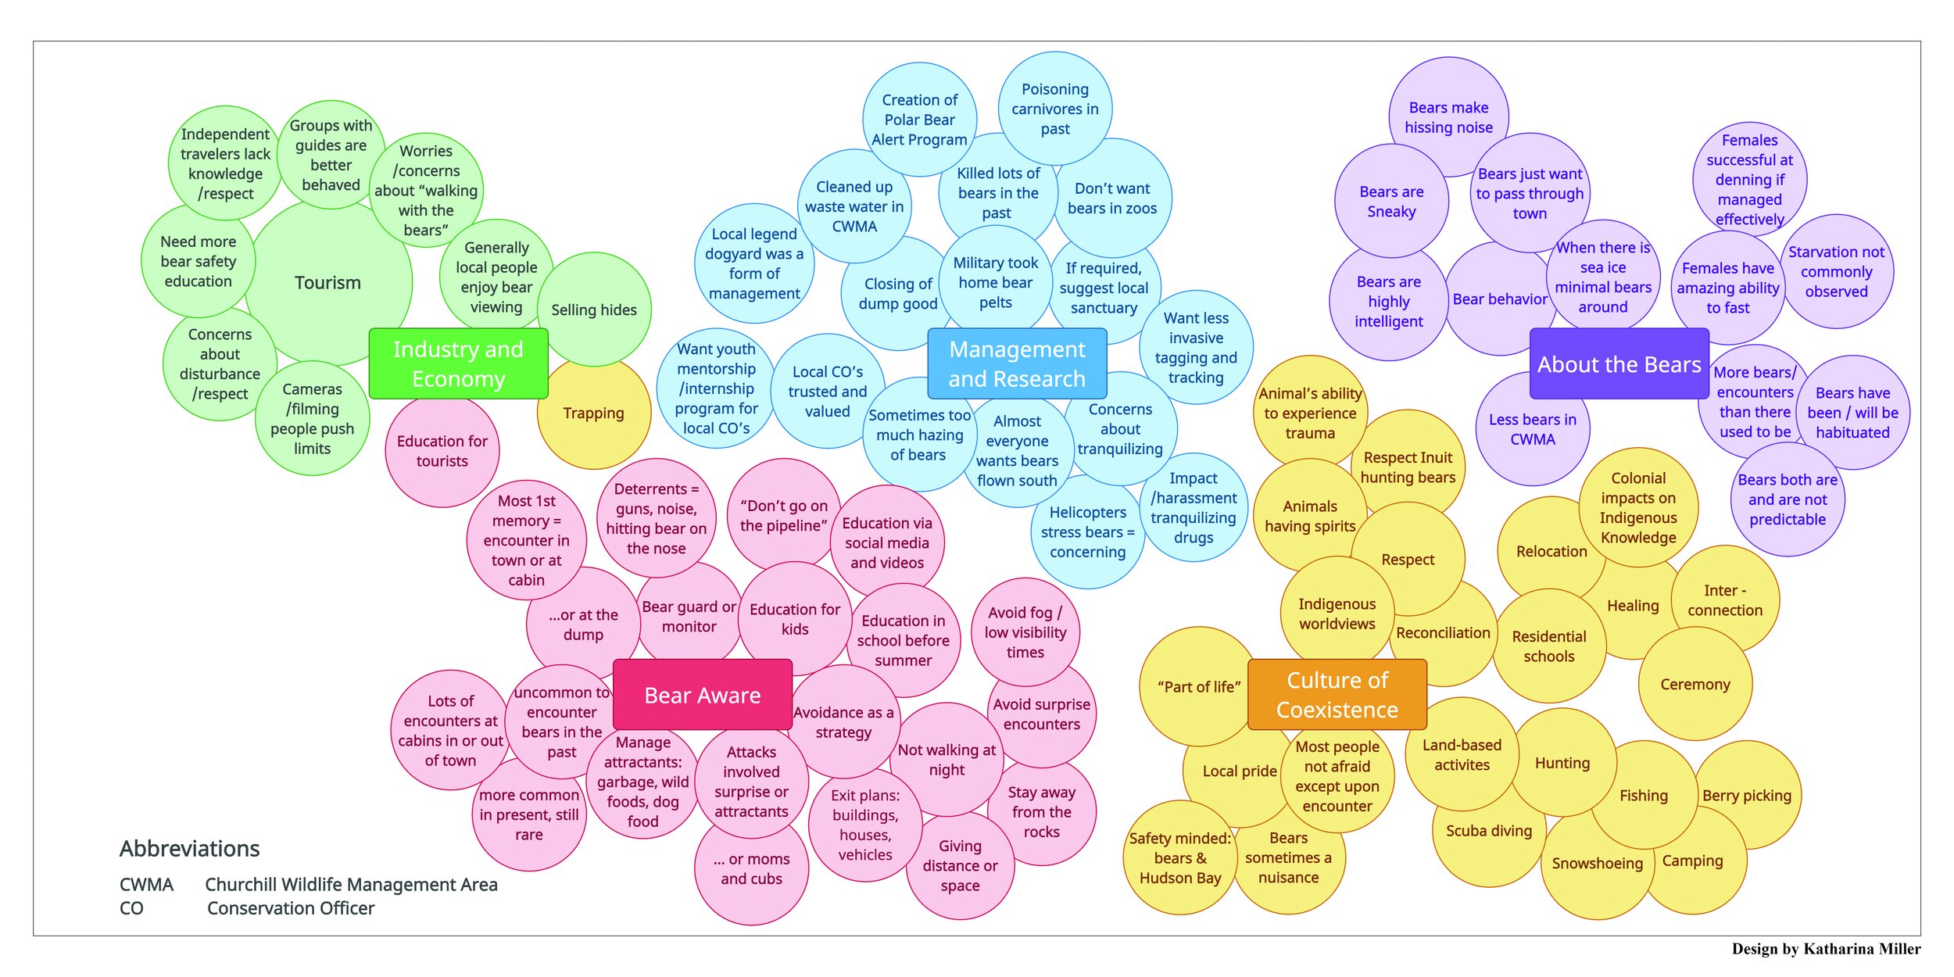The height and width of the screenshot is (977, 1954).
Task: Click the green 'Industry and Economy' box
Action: [x=458, y=363]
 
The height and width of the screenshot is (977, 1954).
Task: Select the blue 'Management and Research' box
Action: [x=1017, y=363]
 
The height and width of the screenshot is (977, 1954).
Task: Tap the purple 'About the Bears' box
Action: [x=1619, y=364]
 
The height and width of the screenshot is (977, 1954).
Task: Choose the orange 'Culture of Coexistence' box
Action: [x=1337, y=695]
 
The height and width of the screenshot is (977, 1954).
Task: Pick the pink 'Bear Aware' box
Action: [x=702, y=695]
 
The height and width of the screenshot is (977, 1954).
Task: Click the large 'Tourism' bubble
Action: [x=327, y=283]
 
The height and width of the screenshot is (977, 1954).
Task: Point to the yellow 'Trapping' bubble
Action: [x=593, y=413]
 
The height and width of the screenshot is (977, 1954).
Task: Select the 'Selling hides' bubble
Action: [x=594, y=310]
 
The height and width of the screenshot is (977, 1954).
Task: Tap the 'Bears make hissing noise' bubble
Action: [x=1448, y=117]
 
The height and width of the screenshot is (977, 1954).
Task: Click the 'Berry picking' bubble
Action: [x=1747, y=796]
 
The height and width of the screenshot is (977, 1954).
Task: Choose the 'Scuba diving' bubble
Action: [x=1488, y=832]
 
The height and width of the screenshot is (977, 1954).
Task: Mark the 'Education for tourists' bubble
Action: [x=442, y=451]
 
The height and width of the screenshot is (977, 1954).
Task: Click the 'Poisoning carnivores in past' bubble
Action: [x=1055, y=109]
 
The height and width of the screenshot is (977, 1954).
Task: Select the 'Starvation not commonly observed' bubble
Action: [x=1836, y=272]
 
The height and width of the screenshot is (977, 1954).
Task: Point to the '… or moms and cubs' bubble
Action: [x=751, y=869]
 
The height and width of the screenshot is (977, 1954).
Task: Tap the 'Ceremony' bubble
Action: [x=1695, y=685]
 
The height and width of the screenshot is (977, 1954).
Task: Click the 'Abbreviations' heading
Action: [x=190, y=849]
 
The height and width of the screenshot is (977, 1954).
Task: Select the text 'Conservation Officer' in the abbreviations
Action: [x=291, y=908]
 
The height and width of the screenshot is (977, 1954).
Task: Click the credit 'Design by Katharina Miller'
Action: [x=1826, y=949]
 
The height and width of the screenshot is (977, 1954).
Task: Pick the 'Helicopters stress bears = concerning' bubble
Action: [x=1087, y=532]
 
